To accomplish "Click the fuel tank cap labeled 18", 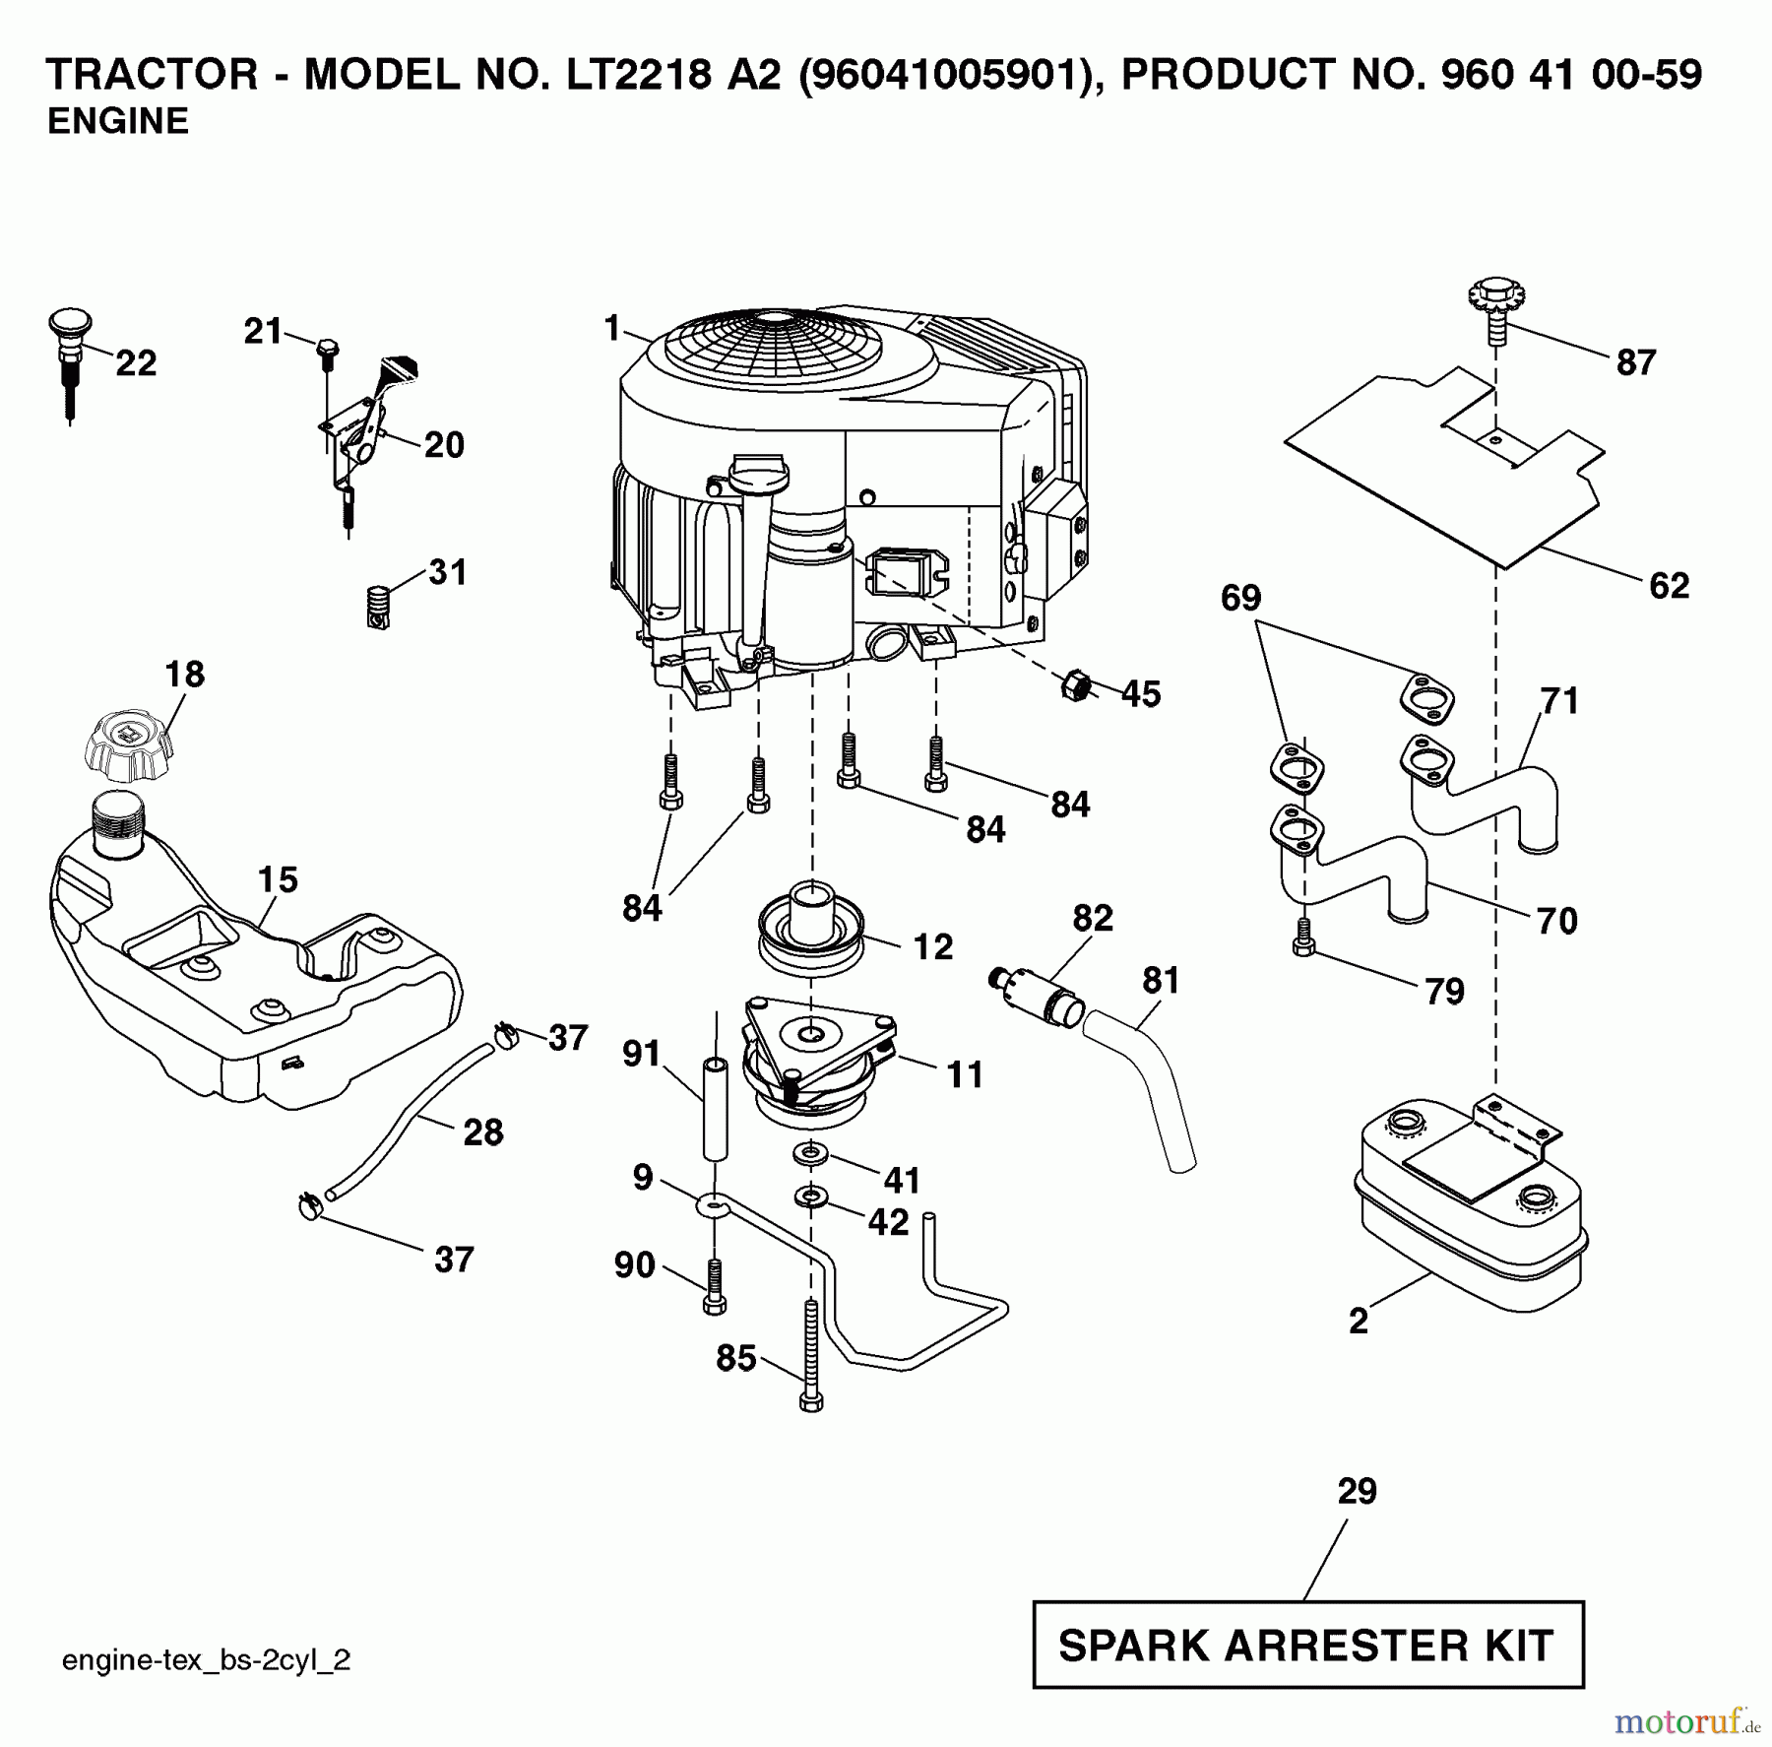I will point(127,756).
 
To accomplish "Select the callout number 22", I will point(136,363).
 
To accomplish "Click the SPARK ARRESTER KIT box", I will point(1307,1645).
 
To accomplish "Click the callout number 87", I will point(1635,362).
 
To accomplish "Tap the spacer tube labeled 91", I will point(716,1108).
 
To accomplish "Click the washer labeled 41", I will point(810,1153).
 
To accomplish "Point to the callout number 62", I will point(1669,586).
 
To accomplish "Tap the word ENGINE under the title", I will point(117,122).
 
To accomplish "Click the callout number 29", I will point(1356,1491).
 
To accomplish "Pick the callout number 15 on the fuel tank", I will point(278,879).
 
